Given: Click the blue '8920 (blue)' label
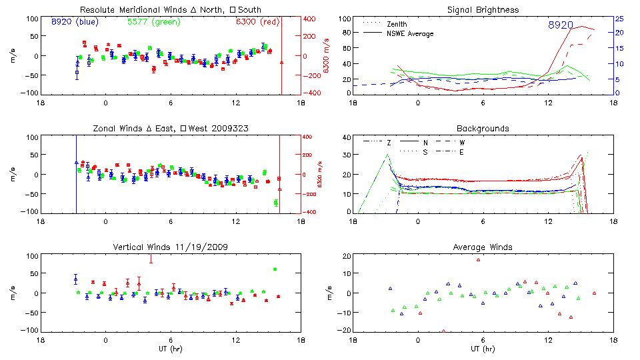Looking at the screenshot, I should click(75, 22).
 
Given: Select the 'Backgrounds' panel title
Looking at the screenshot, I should click(483, 128).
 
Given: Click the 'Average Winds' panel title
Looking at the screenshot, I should click(483, 247).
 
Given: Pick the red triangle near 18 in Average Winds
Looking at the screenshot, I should click(478, 259).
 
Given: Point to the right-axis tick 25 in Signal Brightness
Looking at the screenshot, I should click(619, 19).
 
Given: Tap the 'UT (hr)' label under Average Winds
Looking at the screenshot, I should click(483, 348).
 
